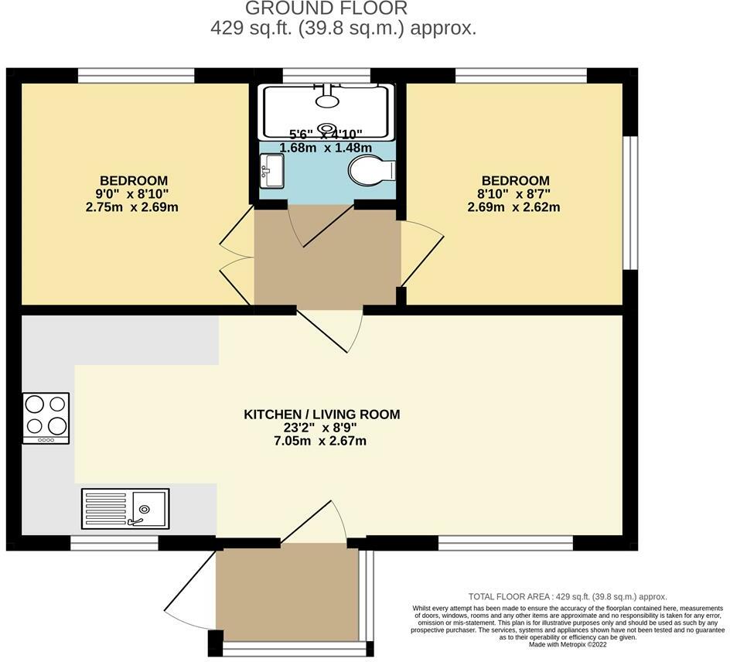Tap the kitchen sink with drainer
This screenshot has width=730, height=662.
(125, 508)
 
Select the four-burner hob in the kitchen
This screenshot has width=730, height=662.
(46, 418)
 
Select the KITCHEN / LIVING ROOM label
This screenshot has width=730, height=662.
(322, 415)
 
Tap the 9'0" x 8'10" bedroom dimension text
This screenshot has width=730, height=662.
(132, 194)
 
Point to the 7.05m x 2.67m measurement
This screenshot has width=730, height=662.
(322, 441)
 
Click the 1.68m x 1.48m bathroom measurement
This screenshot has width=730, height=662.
(326, 148)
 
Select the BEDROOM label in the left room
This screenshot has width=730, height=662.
(132, 181)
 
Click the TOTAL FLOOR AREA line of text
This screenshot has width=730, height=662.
(568, 597)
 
